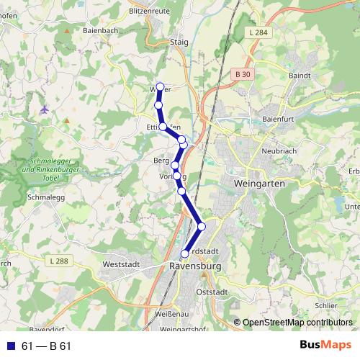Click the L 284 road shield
pyautogui.click(x=256, y=34)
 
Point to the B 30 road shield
pyautogui.click(x=243, y=74)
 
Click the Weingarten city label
pyautogui.click(x=260, y=184)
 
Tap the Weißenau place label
pyautogui.click(x=172, y=315)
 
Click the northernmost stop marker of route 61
pyautogui.click(x=160, y=87)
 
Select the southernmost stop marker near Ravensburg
pyautogui.click(x=185, y=253)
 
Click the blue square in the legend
pyautogui.click(x=10, y=346)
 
